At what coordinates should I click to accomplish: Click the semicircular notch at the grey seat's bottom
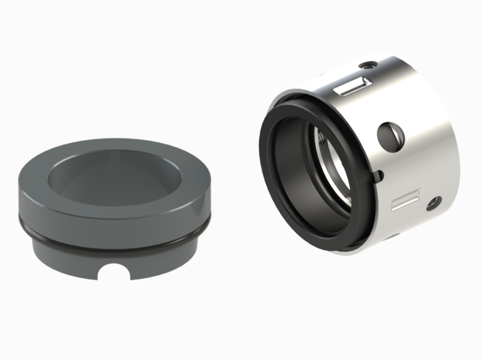point(114,272)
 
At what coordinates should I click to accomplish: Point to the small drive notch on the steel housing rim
point(379,175)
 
